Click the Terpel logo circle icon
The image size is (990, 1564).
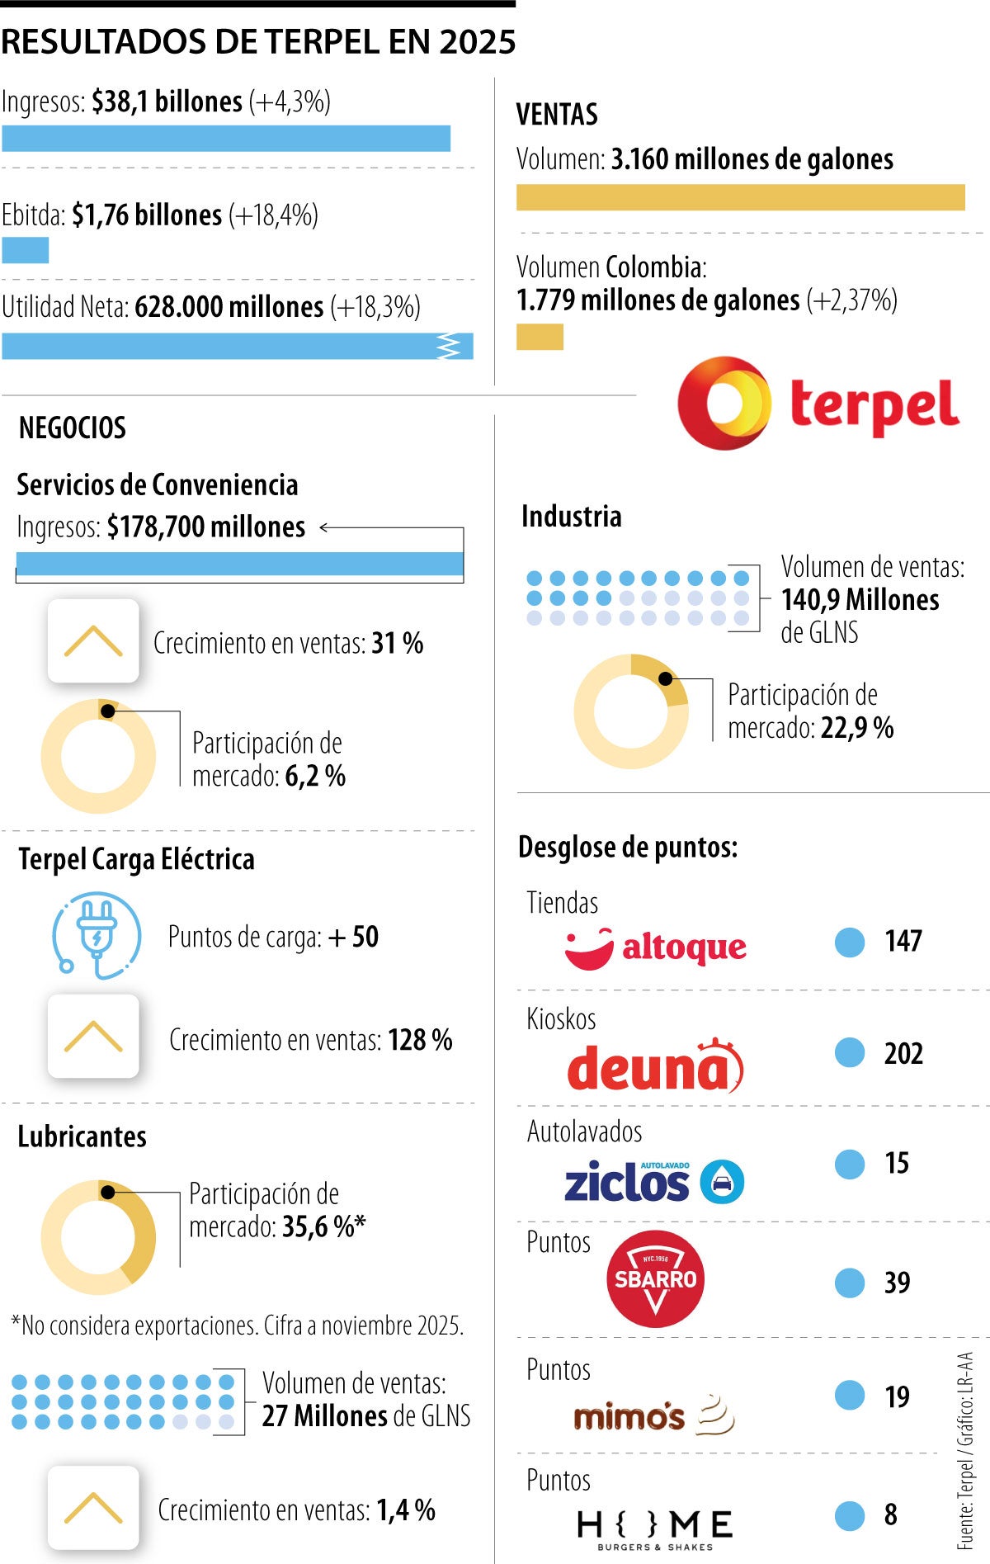tap(724, 403)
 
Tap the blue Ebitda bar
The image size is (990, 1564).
tap(25, 250)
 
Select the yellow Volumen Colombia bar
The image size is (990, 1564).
tap(540, 337)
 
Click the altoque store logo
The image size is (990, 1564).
tap(656, 947)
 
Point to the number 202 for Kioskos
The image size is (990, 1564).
tap(903, 1054)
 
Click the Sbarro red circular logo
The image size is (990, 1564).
tap(655, 1278)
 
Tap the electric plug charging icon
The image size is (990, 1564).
tap(97, 935)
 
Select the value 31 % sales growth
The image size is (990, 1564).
tap(398, 643)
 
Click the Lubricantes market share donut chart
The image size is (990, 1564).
tap(98, 1236)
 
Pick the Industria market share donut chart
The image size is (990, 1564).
tap(631, 711)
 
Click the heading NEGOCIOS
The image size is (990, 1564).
tap(73, 428)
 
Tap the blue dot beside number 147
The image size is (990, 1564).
tap(849, 942)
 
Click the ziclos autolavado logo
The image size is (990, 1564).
tap(653, 1182)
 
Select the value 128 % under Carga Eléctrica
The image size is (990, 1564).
tap(420, 1040)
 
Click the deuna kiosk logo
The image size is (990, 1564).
tap(655, 1067)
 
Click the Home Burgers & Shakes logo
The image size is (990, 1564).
tap(654, 1528)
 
